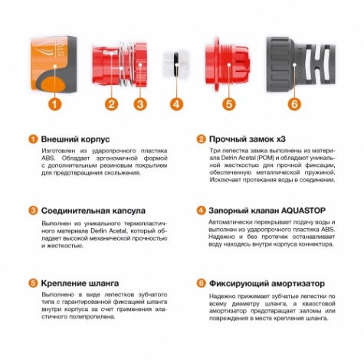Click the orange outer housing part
52,61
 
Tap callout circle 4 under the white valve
177,103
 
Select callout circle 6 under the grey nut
294,103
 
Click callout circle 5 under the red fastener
228,103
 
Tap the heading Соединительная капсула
94,209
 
